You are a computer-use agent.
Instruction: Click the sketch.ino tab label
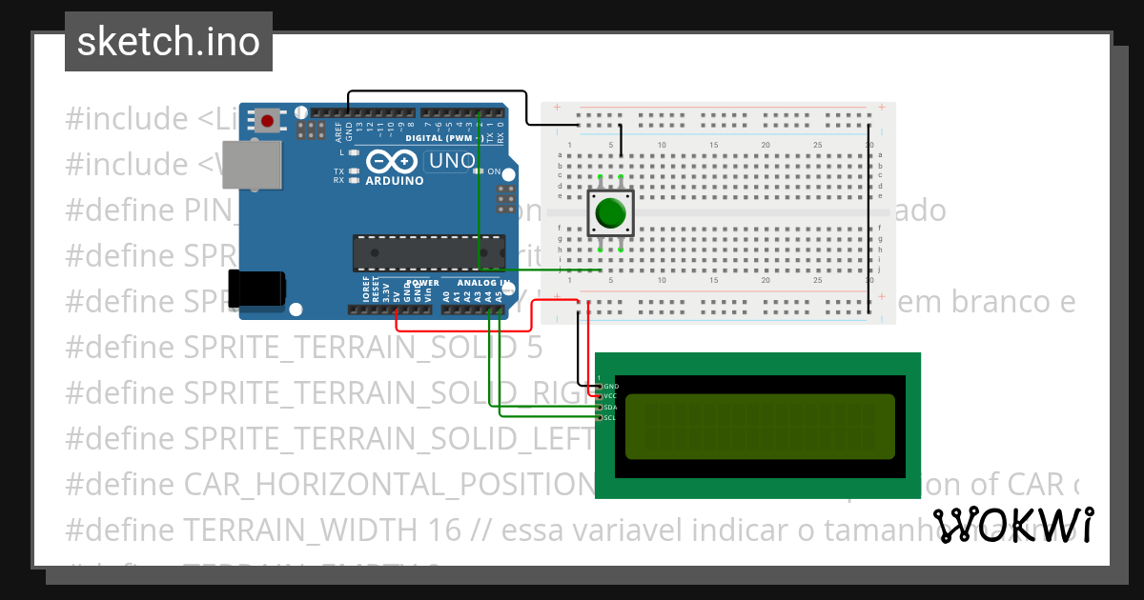pos(169,42)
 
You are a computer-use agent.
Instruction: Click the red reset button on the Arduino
pos(269,121)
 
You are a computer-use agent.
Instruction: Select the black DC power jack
pos(256,288)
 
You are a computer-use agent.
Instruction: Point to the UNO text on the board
pos(451,161)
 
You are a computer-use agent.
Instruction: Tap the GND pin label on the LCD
pos(611,386)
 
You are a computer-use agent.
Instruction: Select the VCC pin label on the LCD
pos(611,396)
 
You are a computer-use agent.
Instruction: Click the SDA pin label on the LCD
pos(611,407)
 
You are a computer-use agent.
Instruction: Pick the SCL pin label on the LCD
pos(611,417)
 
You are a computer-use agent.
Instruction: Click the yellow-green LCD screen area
pos(759,427)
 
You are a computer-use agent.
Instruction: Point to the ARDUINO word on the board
pos(395,180)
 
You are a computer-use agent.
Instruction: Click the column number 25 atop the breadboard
pos(816,145)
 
